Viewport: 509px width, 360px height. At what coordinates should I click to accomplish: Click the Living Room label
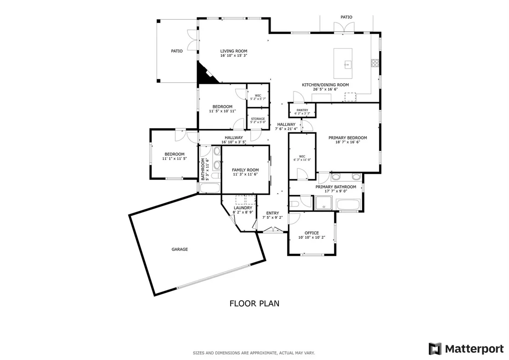click(x=234, y=51)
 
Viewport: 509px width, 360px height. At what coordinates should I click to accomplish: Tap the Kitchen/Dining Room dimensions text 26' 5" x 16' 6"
click(x=325, y=89)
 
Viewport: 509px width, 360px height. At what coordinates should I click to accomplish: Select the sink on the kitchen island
click(x=347, y=64)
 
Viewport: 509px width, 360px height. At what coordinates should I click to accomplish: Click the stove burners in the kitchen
click(x=375, y=63)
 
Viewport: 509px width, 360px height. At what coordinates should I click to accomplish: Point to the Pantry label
click(x=302, y=110)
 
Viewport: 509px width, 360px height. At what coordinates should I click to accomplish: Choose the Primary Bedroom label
click(x=348, y=138)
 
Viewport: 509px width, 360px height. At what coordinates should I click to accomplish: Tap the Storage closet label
click(x=258, y=119)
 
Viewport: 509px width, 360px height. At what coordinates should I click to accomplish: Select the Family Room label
click(x=245, y=170)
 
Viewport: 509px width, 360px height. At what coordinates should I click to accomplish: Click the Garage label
click(x=180, y=250)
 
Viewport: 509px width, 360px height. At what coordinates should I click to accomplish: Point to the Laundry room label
click(x=243, y=208)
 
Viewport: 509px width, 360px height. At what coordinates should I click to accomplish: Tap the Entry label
click(x=273, y=213)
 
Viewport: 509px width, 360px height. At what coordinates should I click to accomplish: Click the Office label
click(x=311, y=233)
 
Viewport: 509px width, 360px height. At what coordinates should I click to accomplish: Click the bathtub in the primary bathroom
click(x=348, y=205)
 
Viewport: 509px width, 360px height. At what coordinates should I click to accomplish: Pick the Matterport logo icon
click(x=435, y=349)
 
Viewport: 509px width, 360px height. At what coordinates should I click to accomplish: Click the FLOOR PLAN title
click(x=254, y=303)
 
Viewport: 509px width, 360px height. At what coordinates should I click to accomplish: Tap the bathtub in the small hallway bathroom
click(x=209, y=188)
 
